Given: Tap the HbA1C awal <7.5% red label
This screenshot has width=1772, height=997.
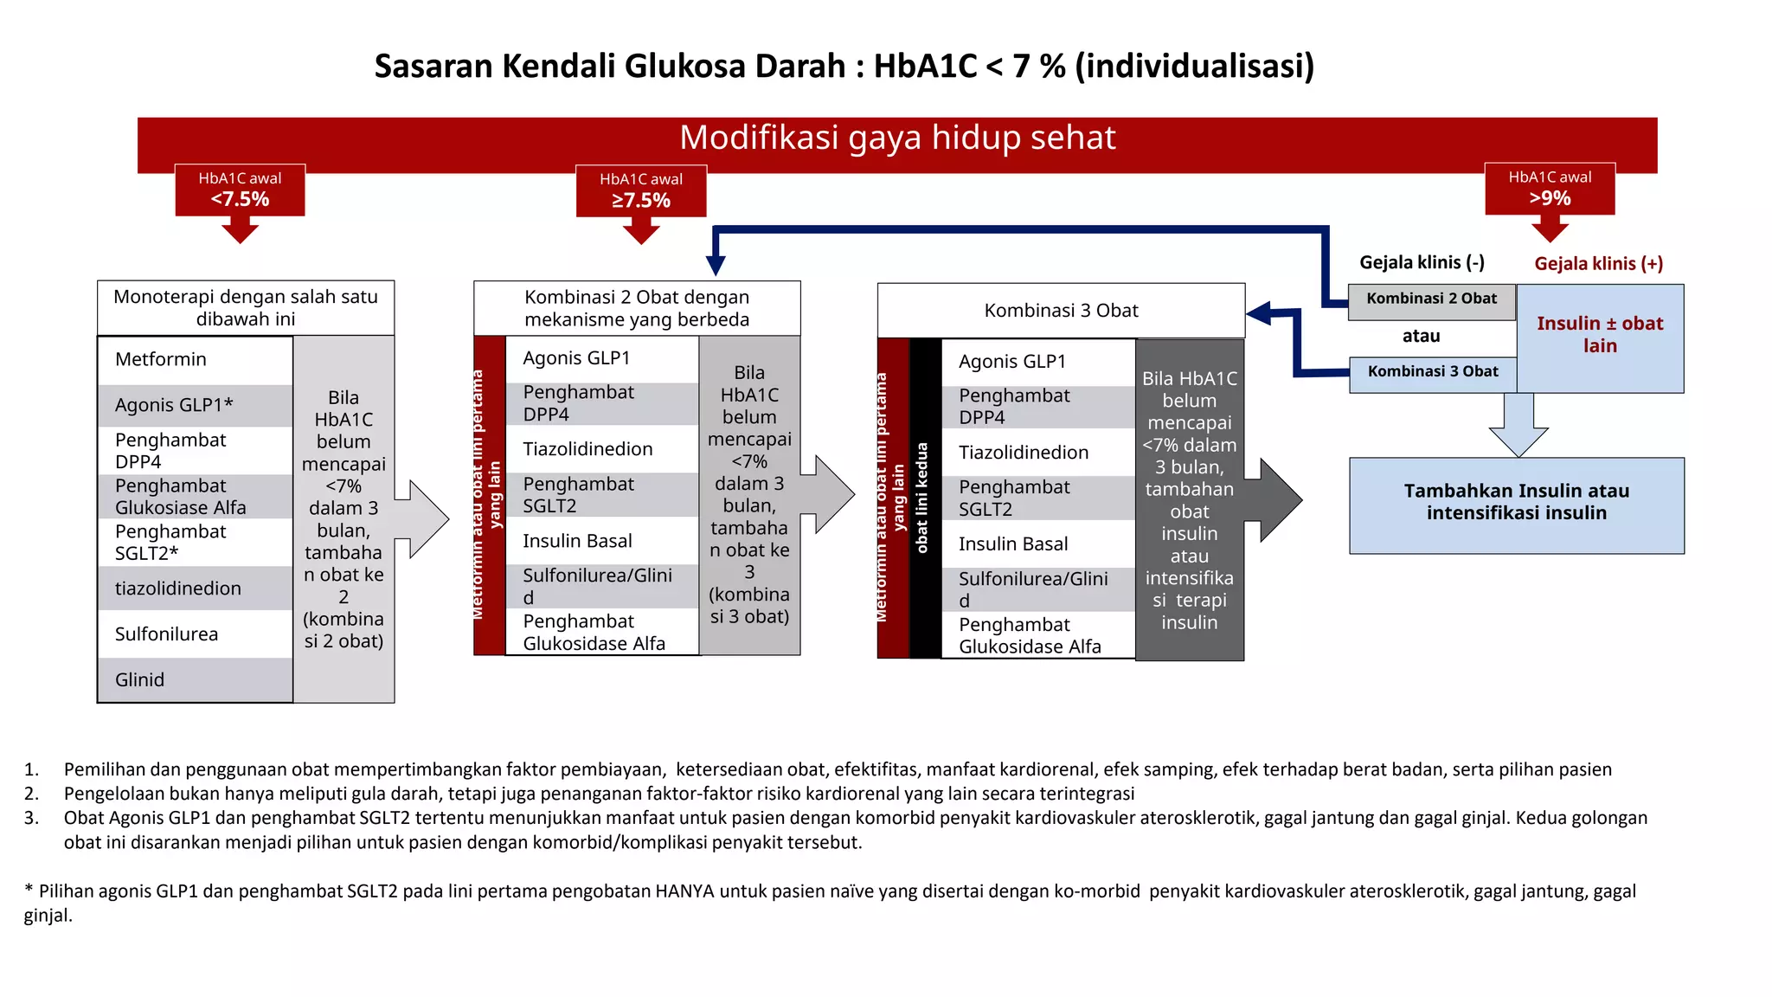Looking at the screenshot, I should click(x=240, y=190).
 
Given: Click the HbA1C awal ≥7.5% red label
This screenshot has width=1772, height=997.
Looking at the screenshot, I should click(x=641, y=190).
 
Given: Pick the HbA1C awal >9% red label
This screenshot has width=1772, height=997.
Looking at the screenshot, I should click(x=1550, y=189).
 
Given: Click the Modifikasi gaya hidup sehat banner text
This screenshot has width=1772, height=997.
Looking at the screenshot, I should click(x=897, y=138).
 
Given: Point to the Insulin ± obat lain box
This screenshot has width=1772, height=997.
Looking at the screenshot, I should click(x=1600, y=336).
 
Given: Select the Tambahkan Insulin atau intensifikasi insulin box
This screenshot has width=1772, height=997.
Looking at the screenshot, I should click(x=1516, y=503).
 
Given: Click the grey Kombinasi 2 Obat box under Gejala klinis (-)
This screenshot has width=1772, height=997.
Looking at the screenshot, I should click(x=1431, y=299).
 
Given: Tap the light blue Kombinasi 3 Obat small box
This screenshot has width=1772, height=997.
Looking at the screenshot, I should click(x=1432, y=372).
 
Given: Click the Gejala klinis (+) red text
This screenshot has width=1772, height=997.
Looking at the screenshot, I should click(x=1598, y=264).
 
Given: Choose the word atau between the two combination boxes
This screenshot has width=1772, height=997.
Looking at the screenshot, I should click(x=1421, y=337).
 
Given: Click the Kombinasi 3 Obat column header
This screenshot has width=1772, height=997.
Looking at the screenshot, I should click(x=1061, y=311).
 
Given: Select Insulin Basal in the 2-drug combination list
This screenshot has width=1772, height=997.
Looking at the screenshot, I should click(x=577, y=542).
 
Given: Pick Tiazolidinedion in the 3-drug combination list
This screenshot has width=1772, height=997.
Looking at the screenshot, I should click(x=1023, y=453).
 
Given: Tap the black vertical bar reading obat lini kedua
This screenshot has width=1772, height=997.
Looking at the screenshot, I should click(x=924, y=498).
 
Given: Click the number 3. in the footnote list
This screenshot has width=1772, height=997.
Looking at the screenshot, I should click(x=31, y=818).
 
